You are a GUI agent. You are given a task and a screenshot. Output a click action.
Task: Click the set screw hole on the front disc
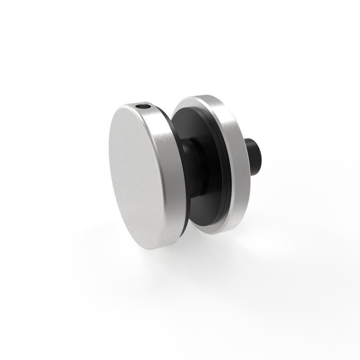pos(143,107)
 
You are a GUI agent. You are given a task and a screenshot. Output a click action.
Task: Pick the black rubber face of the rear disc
pos(211,135)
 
